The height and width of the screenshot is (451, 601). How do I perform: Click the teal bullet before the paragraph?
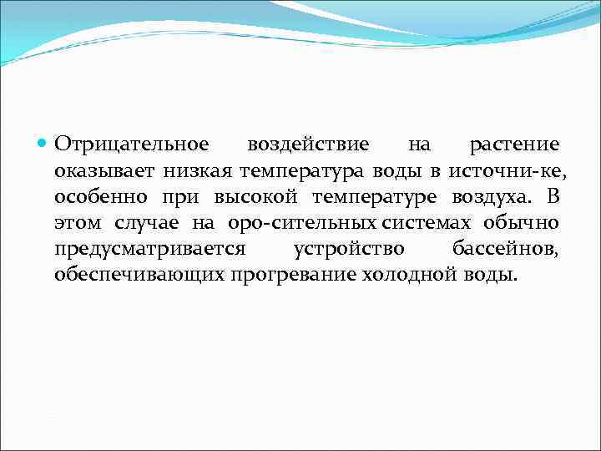point(44,144)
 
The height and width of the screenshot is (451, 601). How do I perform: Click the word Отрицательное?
point(132,145)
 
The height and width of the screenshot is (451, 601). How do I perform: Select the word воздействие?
point(308,145)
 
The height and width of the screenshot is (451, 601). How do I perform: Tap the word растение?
point(514,145)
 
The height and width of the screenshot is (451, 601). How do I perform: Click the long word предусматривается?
point(150,249)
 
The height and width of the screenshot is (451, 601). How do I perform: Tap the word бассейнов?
point(506,249)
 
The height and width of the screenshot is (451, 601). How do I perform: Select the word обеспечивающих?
point(139,275)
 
